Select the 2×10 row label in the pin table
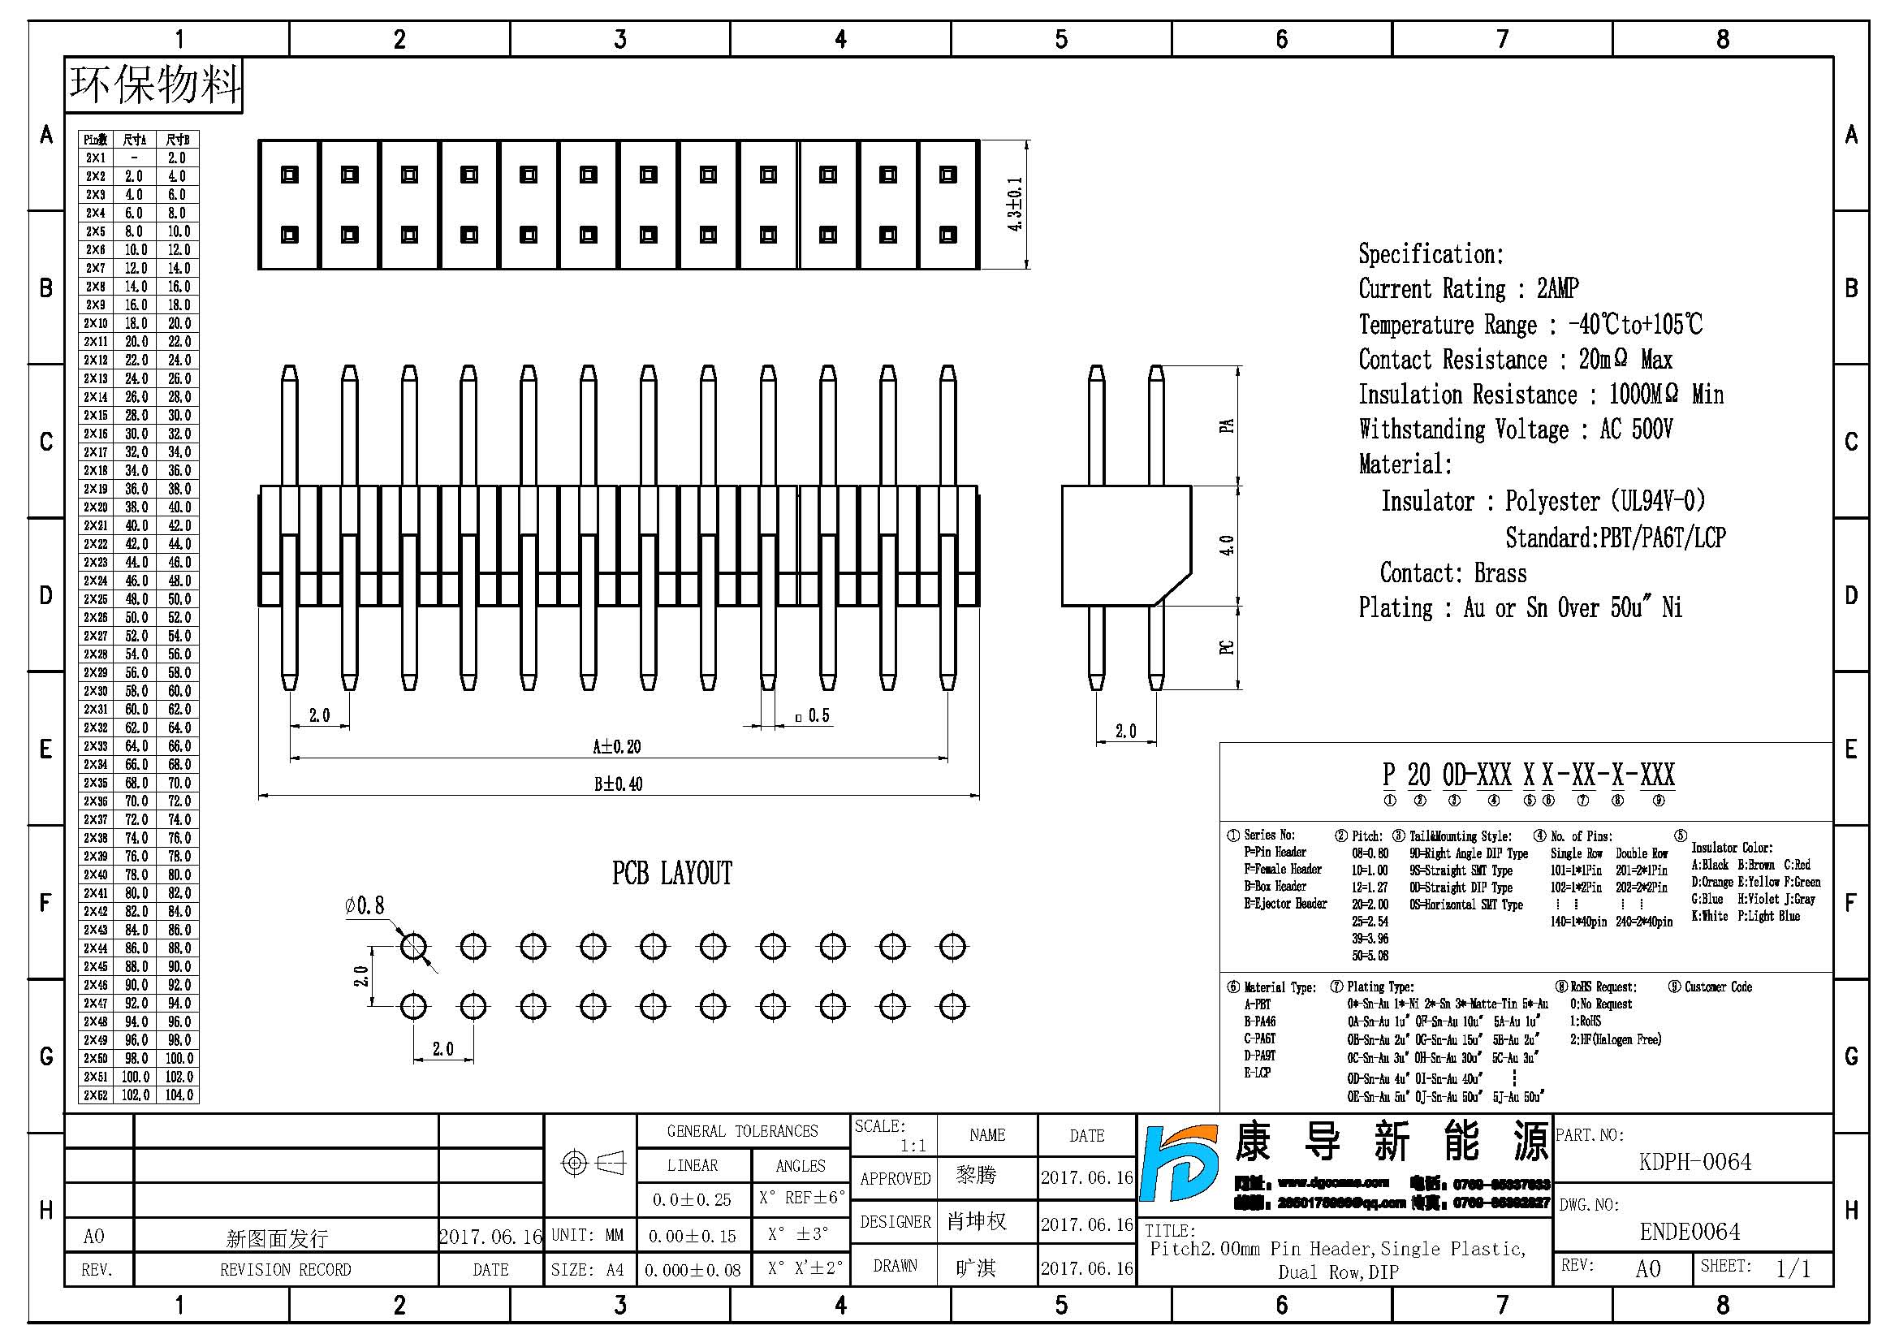[96, 323]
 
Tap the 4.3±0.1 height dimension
[1015, 205]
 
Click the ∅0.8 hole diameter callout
[365, 905]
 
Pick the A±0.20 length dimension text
[617, 747]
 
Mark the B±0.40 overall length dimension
[618, 784]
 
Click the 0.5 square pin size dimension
[814, 716]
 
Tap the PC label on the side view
[1227, 647]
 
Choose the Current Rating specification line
[1468, 288]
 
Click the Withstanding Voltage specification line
[1515, 430]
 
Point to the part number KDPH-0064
[1694, 1162]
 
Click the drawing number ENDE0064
[1690, 1233]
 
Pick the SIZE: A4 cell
[588, 1270]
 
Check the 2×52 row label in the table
[96, 1095]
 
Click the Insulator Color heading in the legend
[1731, 848]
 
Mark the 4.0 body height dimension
[1227, 546]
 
